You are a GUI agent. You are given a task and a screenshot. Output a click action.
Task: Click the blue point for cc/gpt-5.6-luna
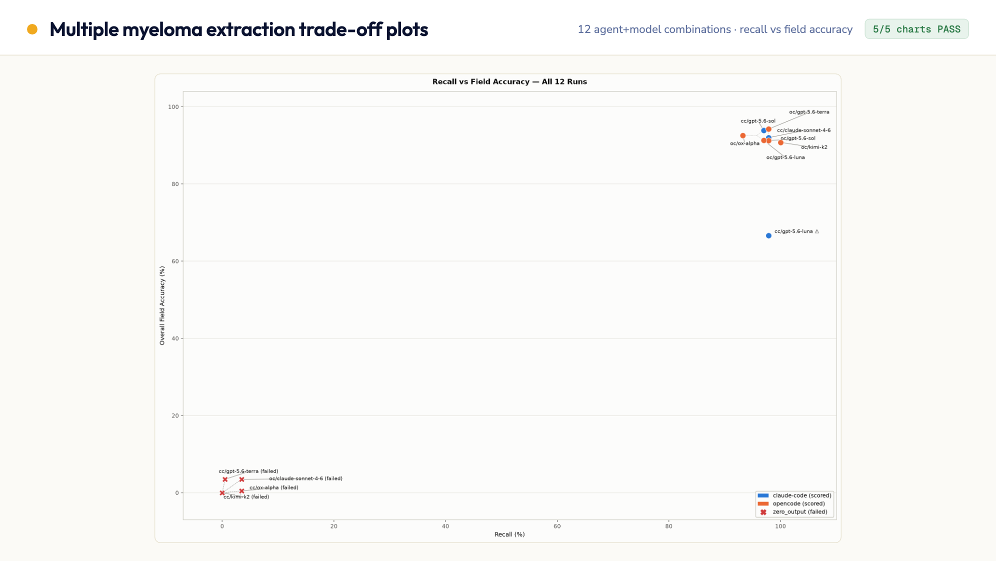[x=768, y=235]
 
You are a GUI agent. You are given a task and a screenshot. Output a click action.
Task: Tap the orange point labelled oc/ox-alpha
[x=743, y=135]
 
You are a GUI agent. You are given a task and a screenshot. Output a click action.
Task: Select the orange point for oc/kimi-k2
[x=780, y=142]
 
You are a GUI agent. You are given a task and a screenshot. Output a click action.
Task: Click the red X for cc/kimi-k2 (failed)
[x=222, y=493]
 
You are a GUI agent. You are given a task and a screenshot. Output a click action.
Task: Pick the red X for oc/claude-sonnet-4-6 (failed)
[x=241, y=479]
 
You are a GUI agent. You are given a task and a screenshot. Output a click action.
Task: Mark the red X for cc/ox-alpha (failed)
[x=241, y=491]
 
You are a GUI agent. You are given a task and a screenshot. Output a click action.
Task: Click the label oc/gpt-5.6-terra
[x=809, y=112]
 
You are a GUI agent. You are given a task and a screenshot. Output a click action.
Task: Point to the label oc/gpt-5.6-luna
[x=785, y=157]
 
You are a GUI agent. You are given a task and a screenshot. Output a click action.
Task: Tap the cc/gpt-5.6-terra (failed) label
[x=248, y=471]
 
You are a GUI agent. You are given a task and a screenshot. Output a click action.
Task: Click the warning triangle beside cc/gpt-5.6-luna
[x=817, y=231]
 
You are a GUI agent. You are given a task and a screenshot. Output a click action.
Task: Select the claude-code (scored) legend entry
[x=794, y=495]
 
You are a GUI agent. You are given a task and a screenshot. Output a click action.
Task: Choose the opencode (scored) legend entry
[x=791, y=503]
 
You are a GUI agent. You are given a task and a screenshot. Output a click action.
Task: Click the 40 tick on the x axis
[x=445, y=526]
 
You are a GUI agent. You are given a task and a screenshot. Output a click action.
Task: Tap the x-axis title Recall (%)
[x=509, y=534]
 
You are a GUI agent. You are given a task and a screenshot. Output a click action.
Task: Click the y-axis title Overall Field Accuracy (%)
[x=162, y=305]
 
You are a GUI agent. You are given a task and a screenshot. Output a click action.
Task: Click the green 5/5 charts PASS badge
[x=916, y=29]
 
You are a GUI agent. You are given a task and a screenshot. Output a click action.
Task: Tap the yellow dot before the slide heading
[x=32, y=29]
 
